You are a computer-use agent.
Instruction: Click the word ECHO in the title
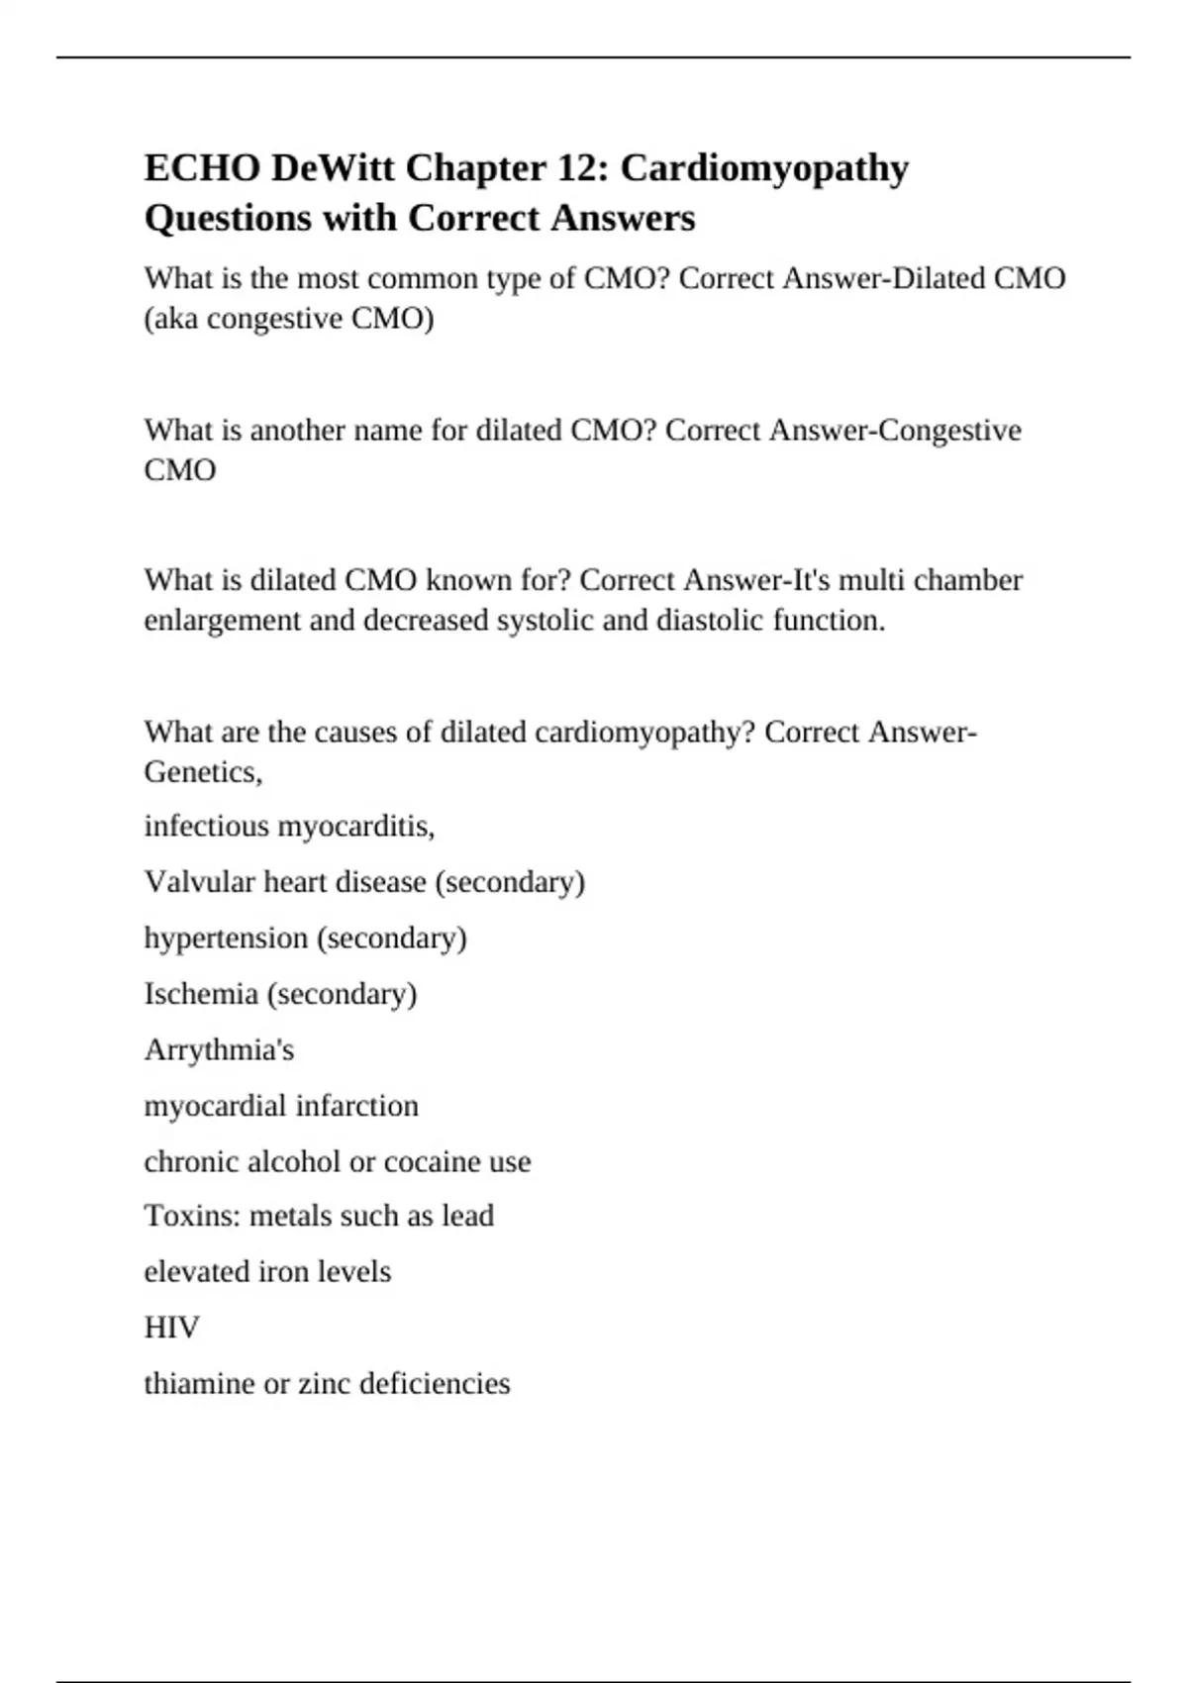tap(202, 168)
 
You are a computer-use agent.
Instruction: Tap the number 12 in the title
tap(582, 168)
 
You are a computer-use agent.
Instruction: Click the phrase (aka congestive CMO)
tap(289, 319)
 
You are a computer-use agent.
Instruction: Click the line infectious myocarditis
tap(289, 826)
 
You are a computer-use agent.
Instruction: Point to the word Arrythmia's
tap(219, 1049)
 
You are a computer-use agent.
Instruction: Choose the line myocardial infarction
tap(281, 1105)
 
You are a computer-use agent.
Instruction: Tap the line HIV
tap(171, 1327)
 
